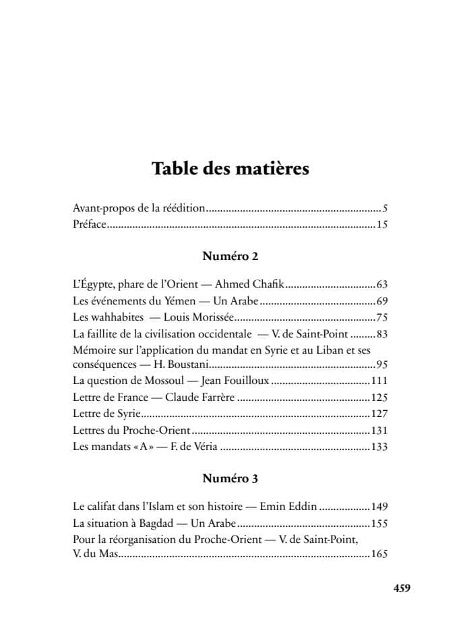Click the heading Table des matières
pos(230,168)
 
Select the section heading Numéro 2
pos(230,257)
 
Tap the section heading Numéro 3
pos(230,479)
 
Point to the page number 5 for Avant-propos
pos(385,209)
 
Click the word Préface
pos(89,224)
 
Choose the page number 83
pos(381,333)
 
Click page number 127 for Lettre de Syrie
pos(379,414)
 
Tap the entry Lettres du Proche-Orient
pos(131,430)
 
